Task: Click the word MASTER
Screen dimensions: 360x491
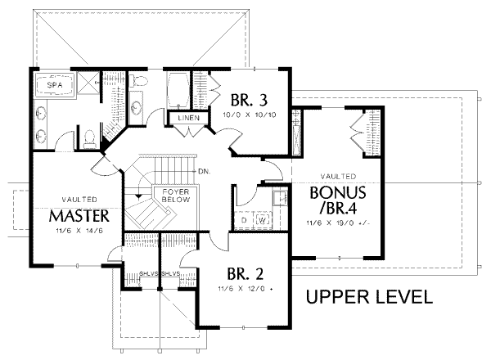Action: coord(79,217)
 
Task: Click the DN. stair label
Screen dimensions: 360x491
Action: coord(205,171)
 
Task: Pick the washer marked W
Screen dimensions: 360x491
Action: coord(263,220)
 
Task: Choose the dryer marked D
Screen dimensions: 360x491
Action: coord(245,220)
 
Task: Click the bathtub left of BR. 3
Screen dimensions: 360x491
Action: coord(178,89)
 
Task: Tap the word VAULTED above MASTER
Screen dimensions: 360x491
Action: coord(80,200)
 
